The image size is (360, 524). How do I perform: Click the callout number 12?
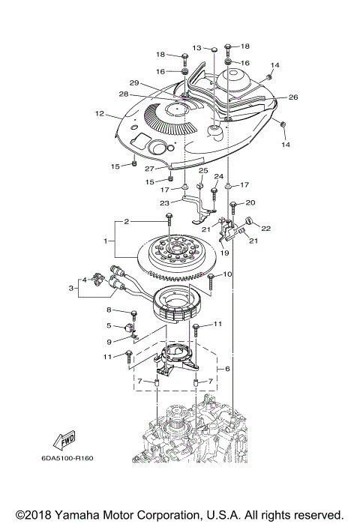tap(99, 114)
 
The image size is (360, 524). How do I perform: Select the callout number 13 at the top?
tap(196, 47)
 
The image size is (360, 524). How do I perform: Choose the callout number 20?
tap(250, 202)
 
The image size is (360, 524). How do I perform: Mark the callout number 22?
tap(265, 229)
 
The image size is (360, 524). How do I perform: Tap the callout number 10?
tap(228, 274)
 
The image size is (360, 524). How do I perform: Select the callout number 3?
tap(72, 288)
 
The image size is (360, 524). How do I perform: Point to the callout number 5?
tap(109, 325)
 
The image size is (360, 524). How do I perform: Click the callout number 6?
tap(227, 370)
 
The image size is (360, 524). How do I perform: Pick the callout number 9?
tap(109, 342)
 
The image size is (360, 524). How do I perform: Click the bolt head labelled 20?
tap(233, 204)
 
